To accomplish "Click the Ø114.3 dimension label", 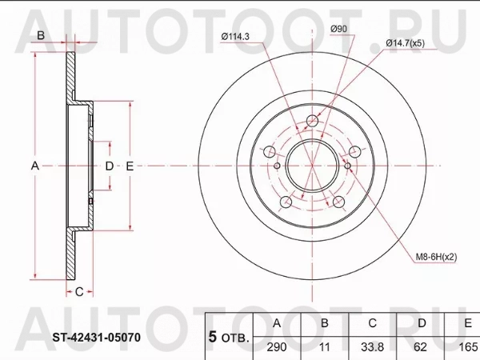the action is [235, 37].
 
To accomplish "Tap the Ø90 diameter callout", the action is [338, 29].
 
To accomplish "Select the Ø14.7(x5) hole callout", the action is [406, 43].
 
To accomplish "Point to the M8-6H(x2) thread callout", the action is [436, 257].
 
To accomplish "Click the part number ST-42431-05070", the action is [97, 338].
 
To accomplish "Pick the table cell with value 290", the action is [277, 347].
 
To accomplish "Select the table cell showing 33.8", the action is [372, 347].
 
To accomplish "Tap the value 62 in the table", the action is [420, 347].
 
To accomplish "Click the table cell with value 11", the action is [325, 347].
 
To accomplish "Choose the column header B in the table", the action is [325, 323].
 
